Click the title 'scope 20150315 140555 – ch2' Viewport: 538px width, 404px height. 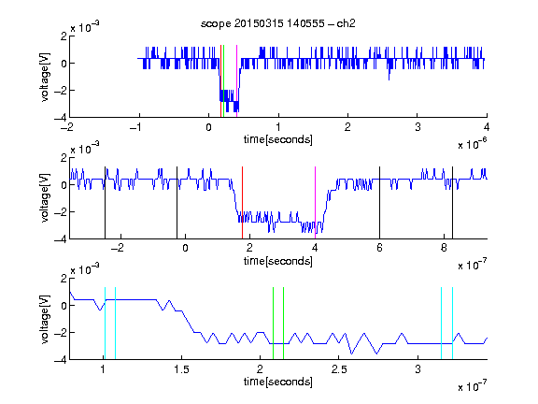(278, 23)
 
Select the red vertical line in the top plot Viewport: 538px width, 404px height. (220, 81)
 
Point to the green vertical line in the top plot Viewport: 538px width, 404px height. (224, 81)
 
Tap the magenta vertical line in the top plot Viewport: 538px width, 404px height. (236, 81)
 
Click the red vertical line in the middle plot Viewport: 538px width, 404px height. (242, 203)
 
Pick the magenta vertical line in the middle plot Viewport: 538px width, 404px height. (315, 203)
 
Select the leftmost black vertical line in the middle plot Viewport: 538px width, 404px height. (105, 203)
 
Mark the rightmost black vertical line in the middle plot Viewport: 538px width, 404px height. (452, 203)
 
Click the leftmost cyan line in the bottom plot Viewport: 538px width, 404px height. (105, 324)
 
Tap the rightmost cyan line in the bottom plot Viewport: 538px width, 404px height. (452, 324)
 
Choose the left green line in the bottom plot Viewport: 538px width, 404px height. (273, 324)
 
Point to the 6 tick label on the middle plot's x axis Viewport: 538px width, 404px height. (379, 248)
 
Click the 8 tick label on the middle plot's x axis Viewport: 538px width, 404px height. (444, 248)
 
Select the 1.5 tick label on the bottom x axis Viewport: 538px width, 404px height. (181, 369)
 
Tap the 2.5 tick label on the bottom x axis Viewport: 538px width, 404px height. (339, 369)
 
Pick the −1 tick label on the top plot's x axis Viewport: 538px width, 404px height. (135, 127)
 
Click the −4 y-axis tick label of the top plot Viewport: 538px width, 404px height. (61, 117)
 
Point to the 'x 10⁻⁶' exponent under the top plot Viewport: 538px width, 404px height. (473, 144)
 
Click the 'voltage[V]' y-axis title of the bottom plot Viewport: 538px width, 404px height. (45, 319)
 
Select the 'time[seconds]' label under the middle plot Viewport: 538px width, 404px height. (278, 261)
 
